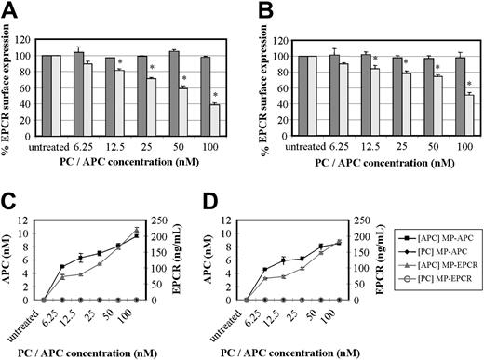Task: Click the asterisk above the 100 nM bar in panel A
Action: click(x=215, y=96)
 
